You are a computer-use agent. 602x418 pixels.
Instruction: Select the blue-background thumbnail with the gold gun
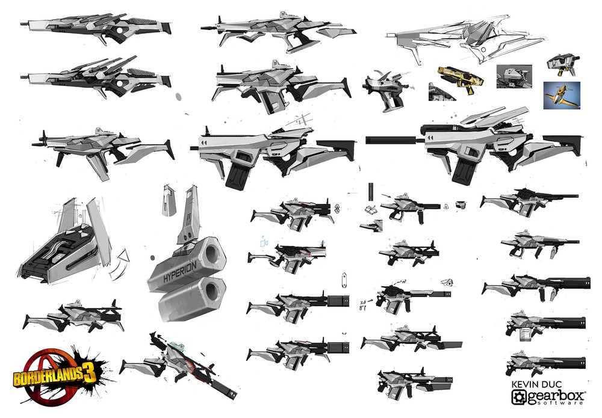tap(561, 95)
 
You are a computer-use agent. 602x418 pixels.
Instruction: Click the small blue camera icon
tap(263, 242)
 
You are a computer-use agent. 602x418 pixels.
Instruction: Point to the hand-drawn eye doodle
tap(446, 281)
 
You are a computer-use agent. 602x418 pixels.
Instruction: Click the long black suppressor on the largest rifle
tap(388, 140)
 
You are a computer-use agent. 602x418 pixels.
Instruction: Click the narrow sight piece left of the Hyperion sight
tap(166, 200)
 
